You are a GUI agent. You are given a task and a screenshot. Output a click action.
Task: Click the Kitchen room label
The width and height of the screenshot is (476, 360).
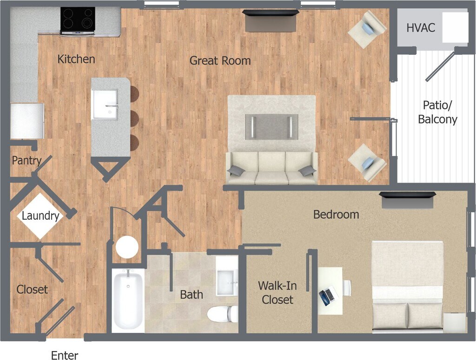click(x=76, y=59)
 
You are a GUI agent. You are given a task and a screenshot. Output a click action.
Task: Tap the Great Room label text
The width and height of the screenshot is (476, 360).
click(x=220, y=60)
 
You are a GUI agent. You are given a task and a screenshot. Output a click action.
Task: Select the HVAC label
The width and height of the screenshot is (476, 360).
click(x=421, y=28)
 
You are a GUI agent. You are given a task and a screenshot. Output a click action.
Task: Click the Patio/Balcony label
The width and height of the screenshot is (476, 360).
click(x=437, y=112)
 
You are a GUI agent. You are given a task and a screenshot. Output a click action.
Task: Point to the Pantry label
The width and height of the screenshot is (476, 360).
click(x=26, y=161)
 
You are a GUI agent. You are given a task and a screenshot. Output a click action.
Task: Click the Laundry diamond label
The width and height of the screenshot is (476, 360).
click(x=40, y=216)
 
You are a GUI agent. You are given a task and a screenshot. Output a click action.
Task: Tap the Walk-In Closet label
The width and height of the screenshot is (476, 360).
click(x=278, y=293)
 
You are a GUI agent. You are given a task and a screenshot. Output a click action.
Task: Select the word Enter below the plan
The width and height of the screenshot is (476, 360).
click(x=65, y=355)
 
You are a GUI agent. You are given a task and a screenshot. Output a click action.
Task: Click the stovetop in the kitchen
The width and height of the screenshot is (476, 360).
click(x=78, y=20)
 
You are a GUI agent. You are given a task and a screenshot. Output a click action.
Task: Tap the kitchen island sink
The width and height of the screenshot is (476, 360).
click(x=105, y=105)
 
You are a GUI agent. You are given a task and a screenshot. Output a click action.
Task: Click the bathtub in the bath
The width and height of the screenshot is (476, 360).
click(x=128, y=300)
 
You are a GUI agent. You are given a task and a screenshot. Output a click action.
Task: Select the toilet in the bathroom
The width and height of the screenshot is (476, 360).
click(x=222, y=314)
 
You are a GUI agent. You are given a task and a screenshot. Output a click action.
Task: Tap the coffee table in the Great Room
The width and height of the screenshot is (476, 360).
click(x=271, y=126)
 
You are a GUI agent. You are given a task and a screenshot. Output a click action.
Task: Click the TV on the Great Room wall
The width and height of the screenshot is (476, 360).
click(x=271, y=13)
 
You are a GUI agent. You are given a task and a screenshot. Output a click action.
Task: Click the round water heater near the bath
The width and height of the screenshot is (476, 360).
click(x=127, y=247)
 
